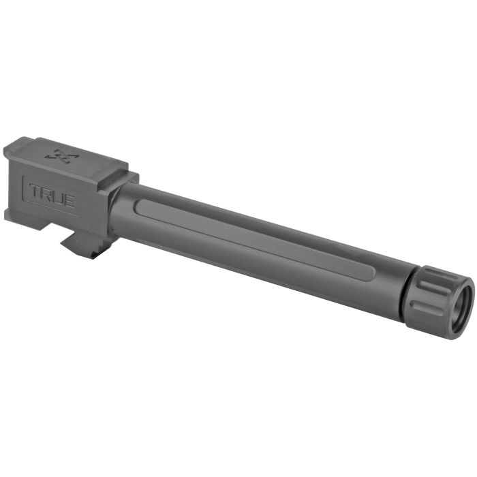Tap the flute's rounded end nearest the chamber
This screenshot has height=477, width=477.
(x=139, y=202)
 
